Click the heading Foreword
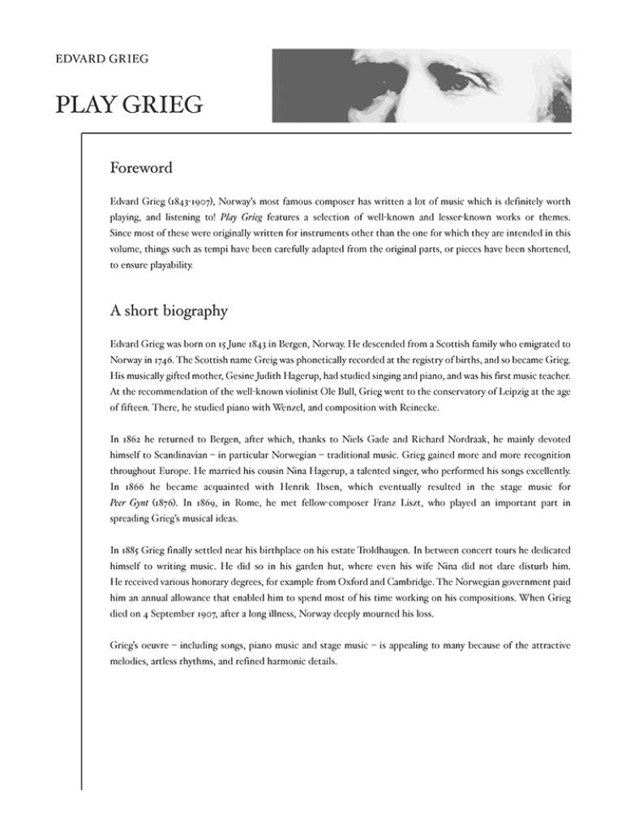coord(141,169)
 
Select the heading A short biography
coord(169,311)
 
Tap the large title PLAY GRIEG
coord(129,105)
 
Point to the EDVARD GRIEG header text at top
coord(102,59)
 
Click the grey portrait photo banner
coord(421,85)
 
